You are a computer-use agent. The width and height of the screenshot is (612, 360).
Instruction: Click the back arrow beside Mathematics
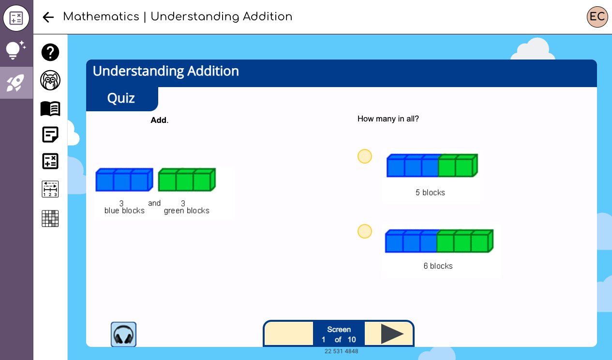click(48, 17)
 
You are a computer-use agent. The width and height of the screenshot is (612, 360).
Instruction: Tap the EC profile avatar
click(597, 17)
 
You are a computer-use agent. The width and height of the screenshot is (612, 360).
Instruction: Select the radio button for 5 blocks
click(364, 156)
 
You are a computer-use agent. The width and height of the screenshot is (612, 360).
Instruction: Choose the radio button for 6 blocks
click(364, 231)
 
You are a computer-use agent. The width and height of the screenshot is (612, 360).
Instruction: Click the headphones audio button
click(123, 334)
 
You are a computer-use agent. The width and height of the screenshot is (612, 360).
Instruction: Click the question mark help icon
click(50, 52)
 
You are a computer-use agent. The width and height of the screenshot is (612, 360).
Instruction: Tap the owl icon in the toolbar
click(50, 80)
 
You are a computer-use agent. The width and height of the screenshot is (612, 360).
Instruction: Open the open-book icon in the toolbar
click(50, 108)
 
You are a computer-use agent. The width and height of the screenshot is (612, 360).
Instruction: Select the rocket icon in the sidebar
click(16, 83)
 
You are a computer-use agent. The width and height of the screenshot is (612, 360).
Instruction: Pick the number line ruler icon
click(50, 189)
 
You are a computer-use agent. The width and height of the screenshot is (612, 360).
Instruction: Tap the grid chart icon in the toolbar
click(50, 218)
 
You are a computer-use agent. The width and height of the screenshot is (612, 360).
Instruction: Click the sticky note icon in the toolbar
click(50, 135)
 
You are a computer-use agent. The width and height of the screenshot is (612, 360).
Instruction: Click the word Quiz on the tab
click(121, 98)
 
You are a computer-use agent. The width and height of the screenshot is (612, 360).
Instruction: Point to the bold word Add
click(159, 120)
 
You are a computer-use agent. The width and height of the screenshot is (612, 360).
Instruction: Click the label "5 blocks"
click(430, 193)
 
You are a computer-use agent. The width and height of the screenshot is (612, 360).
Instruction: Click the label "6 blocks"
click(438, 266)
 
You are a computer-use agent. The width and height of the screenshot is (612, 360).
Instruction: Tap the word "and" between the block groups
click(154, 203)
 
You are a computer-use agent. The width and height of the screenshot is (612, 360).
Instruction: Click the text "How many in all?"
click(388, 119)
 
